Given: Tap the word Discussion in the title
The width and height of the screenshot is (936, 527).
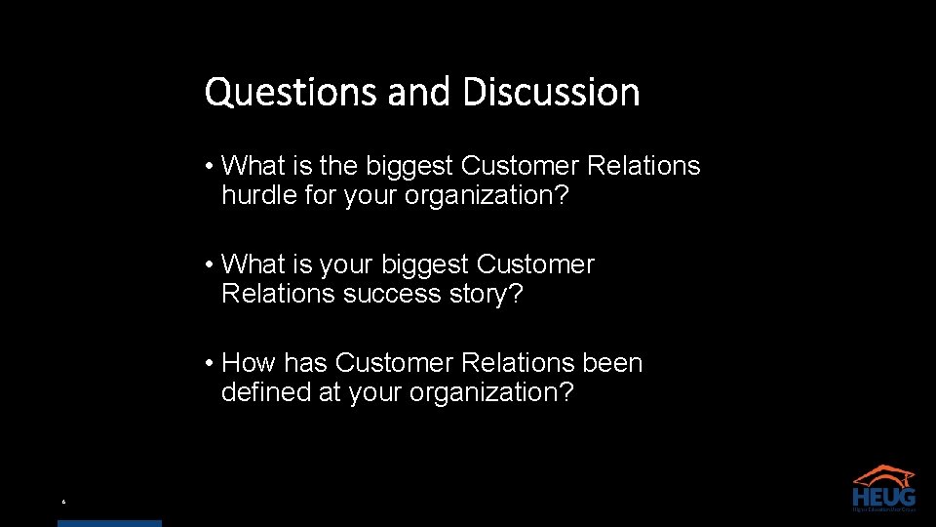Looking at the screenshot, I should (551, 93).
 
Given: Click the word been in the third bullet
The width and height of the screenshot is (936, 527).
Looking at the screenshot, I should (612, 363).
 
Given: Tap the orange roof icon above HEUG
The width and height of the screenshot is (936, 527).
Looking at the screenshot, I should (883, 473).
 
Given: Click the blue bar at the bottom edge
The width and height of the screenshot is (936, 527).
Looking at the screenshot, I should (109, 523).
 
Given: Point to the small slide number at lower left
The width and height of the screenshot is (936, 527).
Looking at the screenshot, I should (63, 503).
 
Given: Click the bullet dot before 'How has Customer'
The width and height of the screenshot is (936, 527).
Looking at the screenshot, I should (210, 363).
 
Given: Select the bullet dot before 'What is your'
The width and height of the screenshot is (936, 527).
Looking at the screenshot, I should (210, 264).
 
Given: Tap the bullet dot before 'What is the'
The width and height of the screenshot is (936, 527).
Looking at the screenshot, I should (210, 166).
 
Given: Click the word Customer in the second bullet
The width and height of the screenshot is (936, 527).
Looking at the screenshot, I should (535, 264).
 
